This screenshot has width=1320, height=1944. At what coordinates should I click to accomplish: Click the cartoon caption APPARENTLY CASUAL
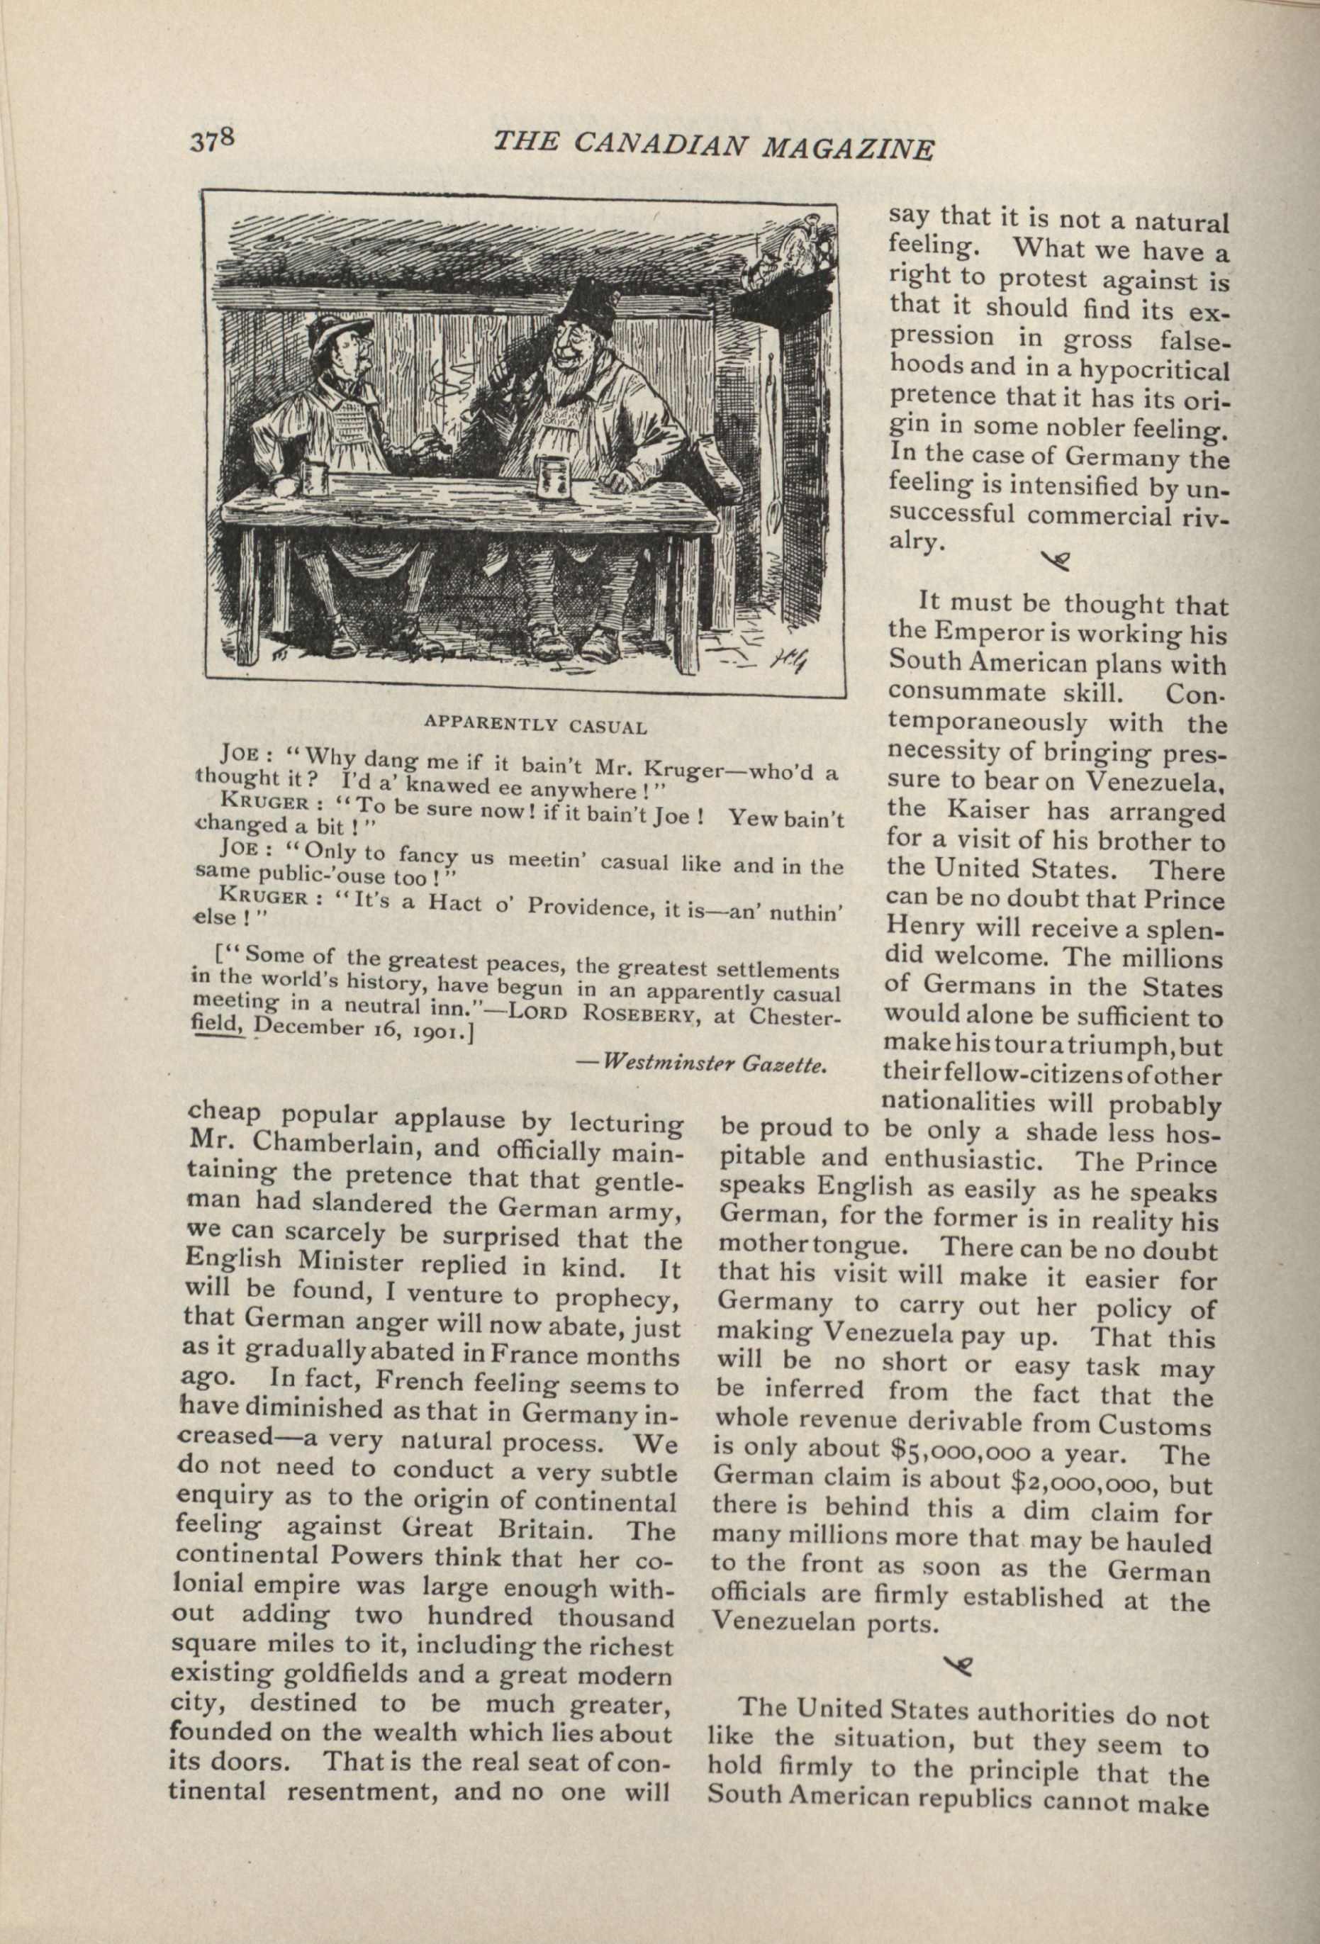coord(535,725)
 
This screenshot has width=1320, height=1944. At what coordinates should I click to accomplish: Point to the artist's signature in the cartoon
coord(786,661)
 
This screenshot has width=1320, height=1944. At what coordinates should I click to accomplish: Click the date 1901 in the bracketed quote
coord(433,1034)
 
